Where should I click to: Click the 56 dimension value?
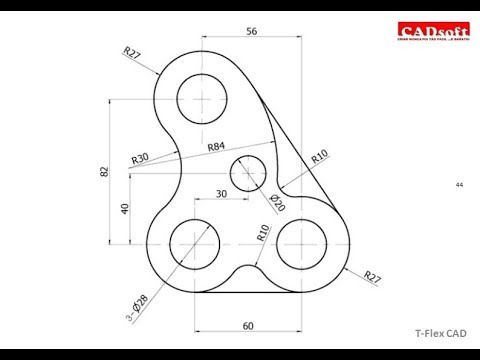click(x=251, y=32)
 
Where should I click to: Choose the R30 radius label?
click(x=140, y=158)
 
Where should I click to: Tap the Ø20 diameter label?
click(x=277, y=200)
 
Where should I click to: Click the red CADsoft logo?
click(x=427, y=33)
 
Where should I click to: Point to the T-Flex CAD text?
click(x=441, y=335)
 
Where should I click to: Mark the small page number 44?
click(x=459, y=185)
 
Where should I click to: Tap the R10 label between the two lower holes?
click(x=263, y=234)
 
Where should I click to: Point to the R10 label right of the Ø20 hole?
click(x=319, y=156)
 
